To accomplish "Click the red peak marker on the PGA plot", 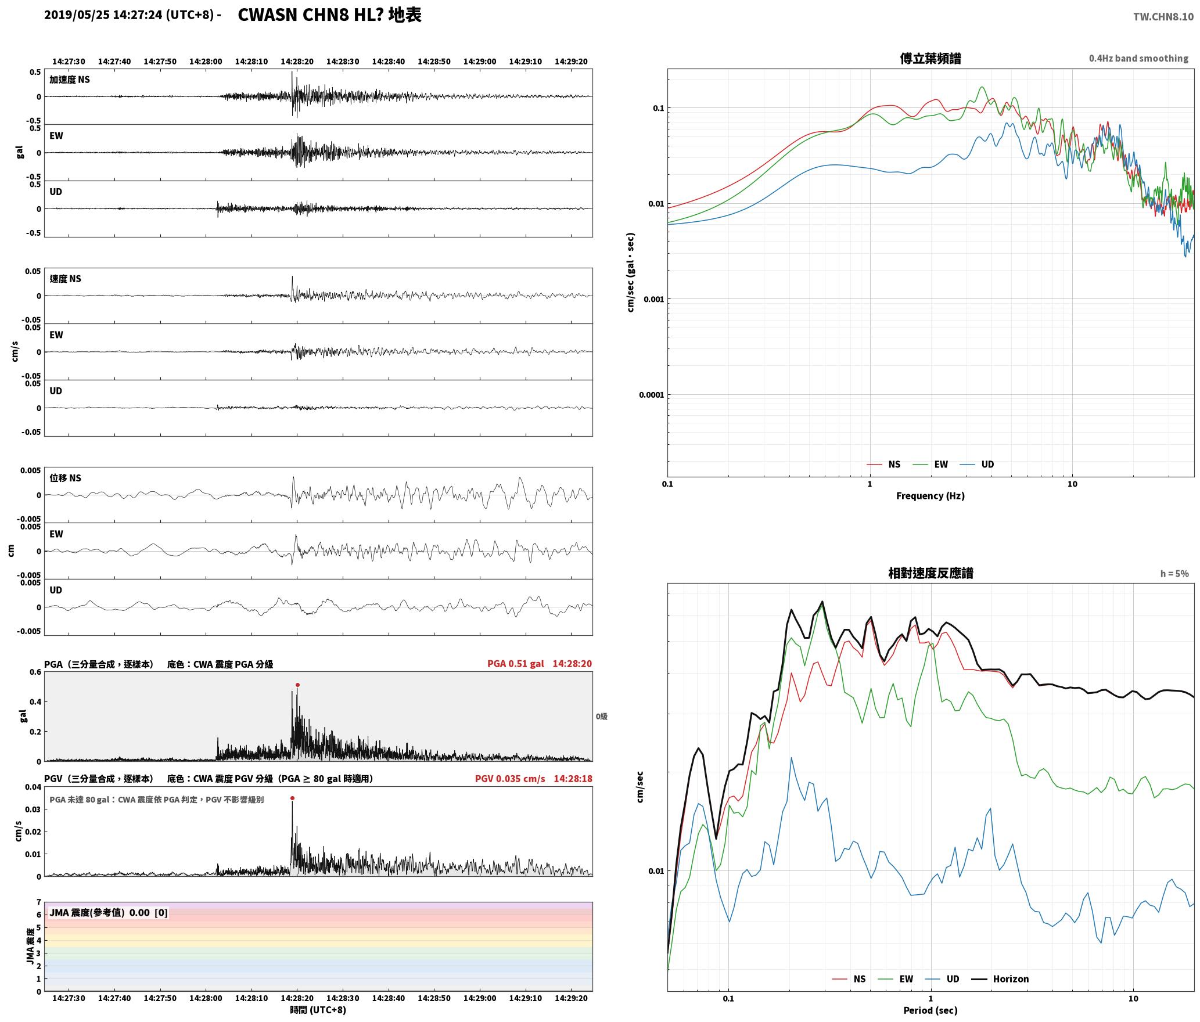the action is coord(297,685).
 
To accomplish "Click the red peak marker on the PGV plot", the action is coord(292,798).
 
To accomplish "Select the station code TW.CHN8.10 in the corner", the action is coord(1163,17).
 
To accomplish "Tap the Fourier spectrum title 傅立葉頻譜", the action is coord(930,59).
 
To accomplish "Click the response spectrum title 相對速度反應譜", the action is coord(930,573).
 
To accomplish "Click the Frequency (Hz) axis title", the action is coord(930,495).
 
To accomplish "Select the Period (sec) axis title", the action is coord(930,1010).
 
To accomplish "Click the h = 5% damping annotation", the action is coord(1174,573).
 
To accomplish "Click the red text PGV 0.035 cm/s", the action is coord(510,778).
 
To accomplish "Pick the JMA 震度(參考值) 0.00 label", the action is coord(99,912).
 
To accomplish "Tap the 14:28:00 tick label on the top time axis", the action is coord(206,61).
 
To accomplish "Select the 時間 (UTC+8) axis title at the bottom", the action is coord(318,1010).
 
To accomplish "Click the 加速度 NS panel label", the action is coord(70,80).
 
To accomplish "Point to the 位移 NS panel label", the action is coord(65,478).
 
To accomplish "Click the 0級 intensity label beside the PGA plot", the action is coord(601,717).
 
